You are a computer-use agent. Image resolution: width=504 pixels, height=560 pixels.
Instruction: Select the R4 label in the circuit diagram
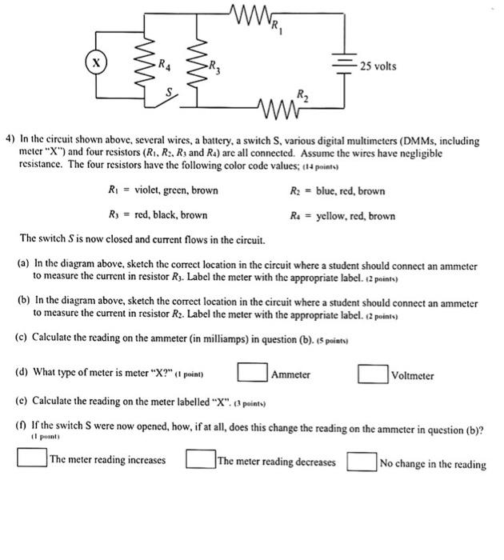pos(163,65)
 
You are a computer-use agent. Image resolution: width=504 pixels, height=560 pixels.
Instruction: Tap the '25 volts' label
pos(378,66)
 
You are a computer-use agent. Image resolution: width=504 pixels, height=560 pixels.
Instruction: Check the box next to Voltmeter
pos(374,374)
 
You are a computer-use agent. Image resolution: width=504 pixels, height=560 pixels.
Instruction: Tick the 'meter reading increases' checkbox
pos(32,460)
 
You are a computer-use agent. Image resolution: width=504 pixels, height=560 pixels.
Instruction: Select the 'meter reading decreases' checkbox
pos(200,460)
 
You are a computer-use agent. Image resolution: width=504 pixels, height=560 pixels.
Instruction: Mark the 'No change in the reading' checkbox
pos(362,461)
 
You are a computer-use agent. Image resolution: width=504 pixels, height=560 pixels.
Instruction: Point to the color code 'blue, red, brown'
pos(350,191)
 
